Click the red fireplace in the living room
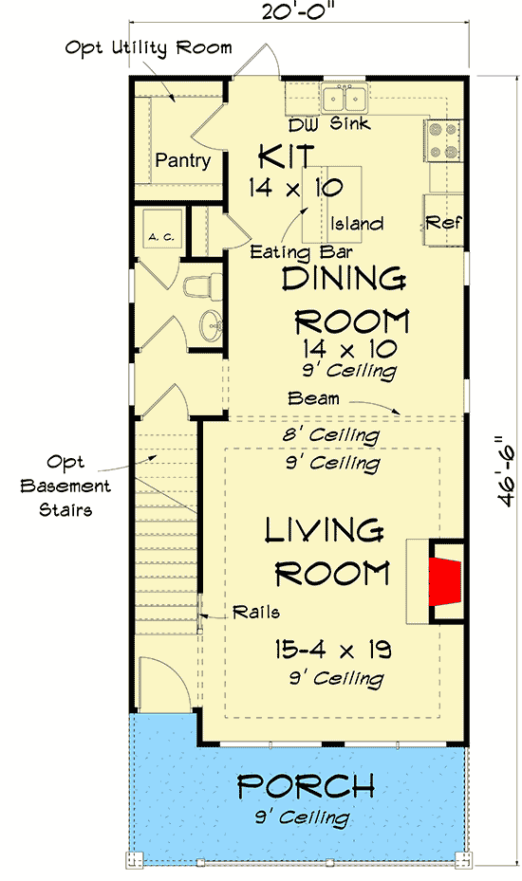[x=444, y=581]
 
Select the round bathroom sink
[x=211, y=325]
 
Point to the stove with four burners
[x=443, y=139]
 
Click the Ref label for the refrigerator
[x=443, y=223]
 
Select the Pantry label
[x=182, y=160]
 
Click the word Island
[x=358, y=224]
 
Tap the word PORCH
[x=305, y=786]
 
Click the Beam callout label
[x=314, y=399]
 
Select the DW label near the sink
[x=301, y=124]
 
